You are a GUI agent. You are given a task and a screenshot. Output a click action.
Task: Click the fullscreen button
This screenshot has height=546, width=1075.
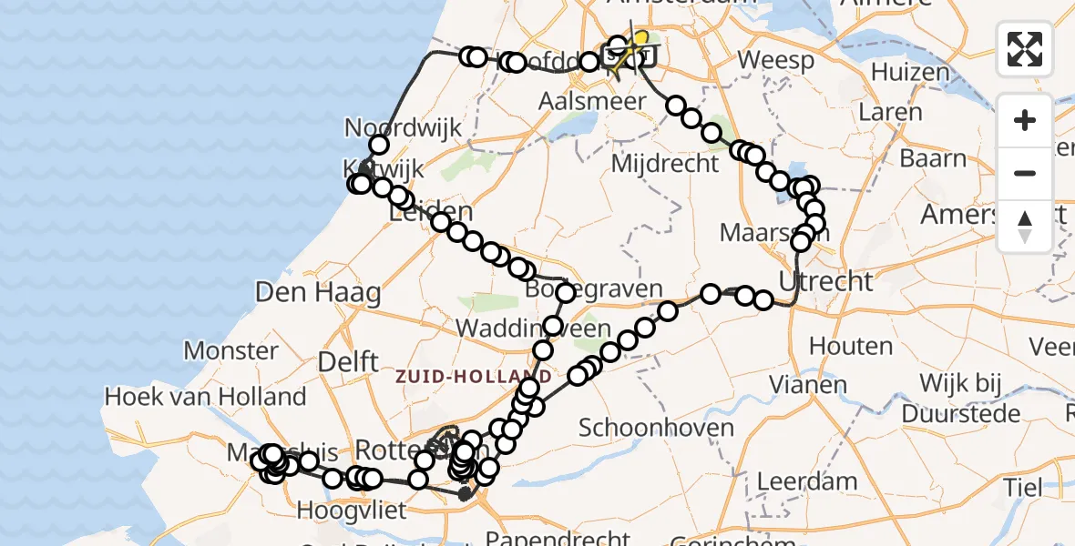click(1025, 49)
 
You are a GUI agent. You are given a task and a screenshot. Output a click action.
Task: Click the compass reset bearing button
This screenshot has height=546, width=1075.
click(1025, 227)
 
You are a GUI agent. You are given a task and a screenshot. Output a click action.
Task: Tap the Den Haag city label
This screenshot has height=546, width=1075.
click(319, 293)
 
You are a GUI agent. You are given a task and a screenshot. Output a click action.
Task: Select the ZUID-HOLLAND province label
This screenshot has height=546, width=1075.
click(474, 376)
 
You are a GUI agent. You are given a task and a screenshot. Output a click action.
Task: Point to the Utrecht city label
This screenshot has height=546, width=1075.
click(826, 281)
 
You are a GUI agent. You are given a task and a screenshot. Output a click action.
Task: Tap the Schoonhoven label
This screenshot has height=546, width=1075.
click(656, 428)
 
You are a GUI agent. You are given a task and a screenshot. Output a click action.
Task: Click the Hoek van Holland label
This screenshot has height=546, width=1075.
click(206, 397)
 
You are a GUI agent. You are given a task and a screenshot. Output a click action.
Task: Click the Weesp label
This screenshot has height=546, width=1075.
click(763, 61)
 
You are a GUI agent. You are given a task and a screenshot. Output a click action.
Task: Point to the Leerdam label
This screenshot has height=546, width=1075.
click(807, 480)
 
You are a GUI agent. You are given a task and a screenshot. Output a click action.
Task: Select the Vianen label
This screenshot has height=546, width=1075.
click(807, 384)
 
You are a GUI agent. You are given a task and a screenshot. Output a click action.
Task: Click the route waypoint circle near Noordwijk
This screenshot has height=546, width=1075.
click(379, 145)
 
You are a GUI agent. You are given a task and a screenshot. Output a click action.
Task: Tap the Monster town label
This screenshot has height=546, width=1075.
click(231, 350)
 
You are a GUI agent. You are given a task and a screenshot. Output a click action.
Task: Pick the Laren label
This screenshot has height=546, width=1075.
click(890, 113)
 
